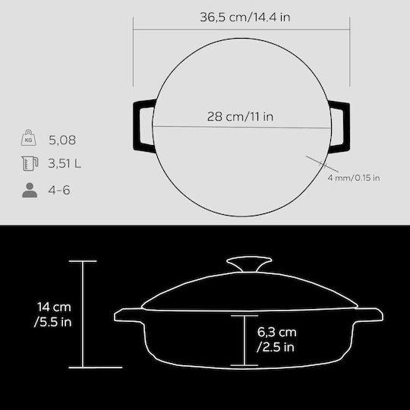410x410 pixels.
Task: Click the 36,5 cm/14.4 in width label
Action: (245, 17)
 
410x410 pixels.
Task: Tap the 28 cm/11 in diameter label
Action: (240, 116)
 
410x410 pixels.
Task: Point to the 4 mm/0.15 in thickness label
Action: (354, 178)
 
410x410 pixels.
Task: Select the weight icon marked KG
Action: (29, 137)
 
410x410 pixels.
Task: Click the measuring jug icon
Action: (30, 163)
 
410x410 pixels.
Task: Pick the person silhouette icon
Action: (30, 190)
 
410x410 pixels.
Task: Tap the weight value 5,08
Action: (62, 140)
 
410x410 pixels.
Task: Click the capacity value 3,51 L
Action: (65, 164)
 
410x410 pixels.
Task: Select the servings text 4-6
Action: (59, 190)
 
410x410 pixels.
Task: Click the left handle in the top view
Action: (137, 125)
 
